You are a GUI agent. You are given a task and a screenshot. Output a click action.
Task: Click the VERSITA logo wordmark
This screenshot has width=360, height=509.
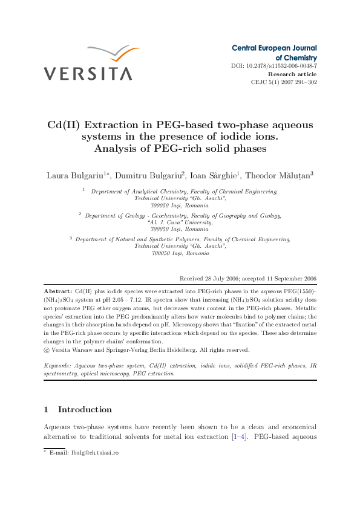[x=87, y=74]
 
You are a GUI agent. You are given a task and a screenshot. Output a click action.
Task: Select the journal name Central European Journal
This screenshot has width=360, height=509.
[x=274, y=48]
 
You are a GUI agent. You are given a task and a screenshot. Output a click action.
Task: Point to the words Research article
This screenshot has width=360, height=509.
[x=292, y=74]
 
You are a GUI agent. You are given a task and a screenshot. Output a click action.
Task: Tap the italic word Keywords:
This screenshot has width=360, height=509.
[x=59, y=366]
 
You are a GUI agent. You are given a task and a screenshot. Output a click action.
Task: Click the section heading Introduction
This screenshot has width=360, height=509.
[x=85, y=409]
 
